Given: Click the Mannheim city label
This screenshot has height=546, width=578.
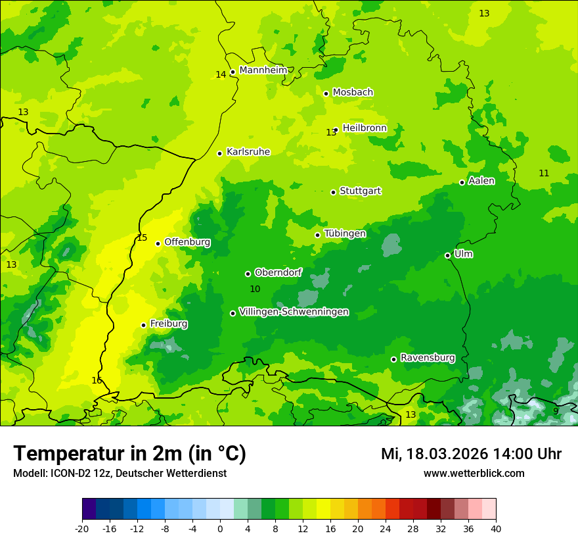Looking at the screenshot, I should pyautogui.click(x=263, y=70).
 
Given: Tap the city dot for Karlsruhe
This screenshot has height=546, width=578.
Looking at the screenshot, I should pyautogui.click(x=219, y=153).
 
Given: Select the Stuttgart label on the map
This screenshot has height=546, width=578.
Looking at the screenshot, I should pyautogui.click(x=360, y=191).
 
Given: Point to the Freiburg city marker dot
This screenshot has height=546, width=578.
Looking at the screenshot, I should pyautogui.click(x=143, y=325).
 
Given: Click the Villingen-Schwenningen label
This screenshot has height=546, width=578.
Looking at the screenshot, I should pyautogui.click(x=294, y=312).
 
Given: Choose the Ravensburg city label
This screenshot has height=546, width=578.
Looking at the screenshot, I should pyautogui.click(x=427, y=358).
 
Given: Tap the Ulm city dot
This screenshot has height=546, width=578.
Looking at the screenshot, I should pyautogui.click(x=447, y=255).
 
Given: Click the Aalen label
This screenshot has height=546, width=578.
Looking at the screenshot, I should pyautogui.click(x=481, y=181).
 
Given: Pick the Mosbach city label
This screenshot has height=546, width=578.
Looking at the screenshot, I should pyautogui.click(x=353, y=93).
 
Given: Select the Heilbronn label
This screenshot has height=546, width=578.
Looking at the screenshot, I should pyautogui.click(x=365, y=128).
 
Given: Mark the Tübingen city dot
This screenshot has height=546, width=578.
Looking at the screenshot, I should pyautogui.click(x=317, y=235).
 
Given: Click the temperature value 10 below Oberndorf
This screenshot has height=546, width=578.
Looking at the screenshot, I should pyautogui.click(x=255, y=289).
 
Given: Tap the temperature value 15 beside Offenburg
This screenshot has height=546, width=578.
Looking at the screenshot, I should pyautogui.click(x=142, y=238).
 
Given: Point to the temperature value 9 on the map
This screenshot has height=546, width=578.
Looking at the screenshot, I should pyautogui.click(x=556, y=411).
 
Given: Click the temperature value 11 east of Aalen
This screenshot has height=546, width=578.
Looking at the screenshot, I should pyautogui.click(x=544, y=173).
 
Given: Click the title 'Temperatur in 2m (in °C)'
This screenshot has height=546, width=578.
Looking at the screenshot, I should pyautogui.click(x=129, y=453).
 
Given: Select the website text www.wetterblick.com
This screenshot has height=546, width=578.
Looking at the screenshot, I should pyautogui.click(x=474, y=473).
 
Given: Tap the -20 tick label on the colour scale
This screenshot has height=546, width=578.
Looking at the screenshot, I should pyautogui.click(x=82, y=529).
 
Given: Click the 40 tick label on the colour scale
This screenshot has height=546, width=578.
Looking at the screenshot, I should pyautogui.click(x=496, y=529).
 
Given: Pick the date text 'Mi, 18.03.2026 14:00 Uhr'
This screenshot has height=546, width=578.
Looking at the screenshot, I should pyautogui.click(x=471, y=454).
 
